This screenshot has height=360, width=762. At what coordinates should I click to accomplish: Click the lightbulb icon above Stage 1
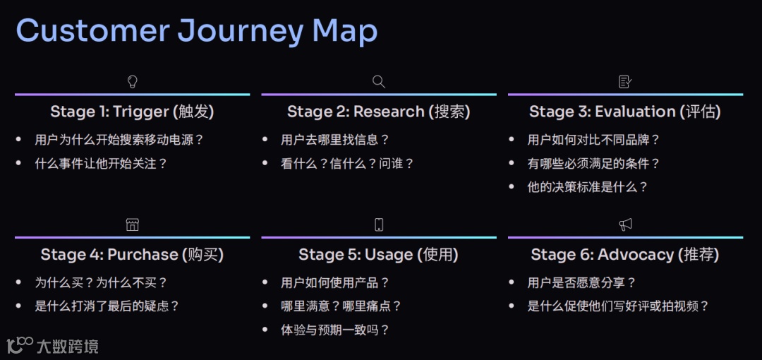(132, 82)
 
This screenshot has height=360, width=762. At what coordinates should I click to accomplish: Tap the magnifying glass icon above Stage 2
(379, 82)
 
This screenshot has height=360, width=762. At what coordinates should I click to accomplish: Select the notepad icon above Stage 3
(625, 82)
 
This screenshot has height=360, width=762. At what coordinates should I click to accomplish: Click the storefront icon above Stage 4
(132, 224)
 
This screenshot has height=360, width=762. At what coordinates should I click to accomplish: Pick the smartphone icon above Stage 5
(379, 224)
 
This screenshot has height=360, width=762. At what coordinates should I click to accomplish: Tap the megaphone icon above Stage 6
(625, 224)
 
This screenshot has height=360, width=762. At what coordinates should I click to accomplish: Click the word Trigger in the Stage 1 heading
(141, 112)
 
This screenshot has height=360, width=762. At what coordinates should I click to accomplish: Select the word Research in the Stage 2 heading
(389, 112)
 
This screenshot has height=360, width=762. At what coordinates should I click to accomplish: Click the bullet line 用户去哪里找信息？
(334, 140)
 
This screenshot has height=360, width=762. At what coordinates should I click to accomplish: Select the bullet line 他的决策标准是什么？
(587, 187)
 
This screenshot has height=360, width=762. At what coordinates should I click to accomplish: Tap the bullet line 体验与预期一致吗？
(334, 330)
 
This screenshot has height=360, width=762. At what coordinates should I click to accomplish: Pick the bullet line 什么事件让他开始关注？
(101, 163)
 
